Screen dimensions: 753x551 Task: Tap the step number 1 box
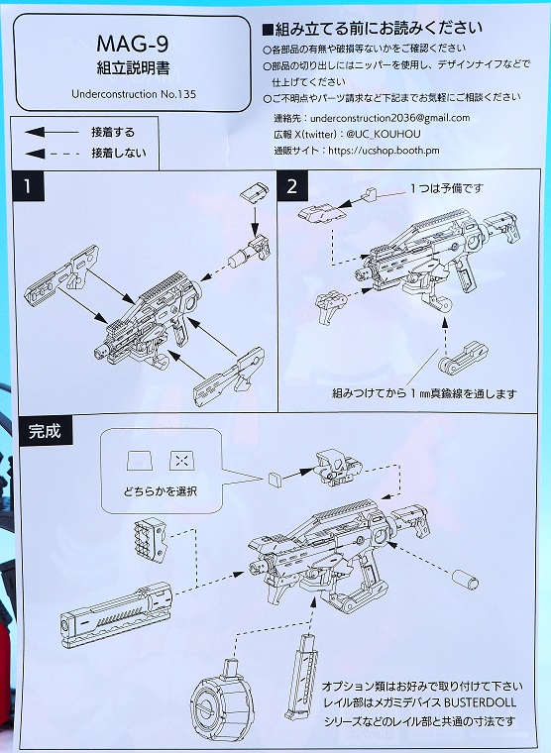click(x=32, y=185)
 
